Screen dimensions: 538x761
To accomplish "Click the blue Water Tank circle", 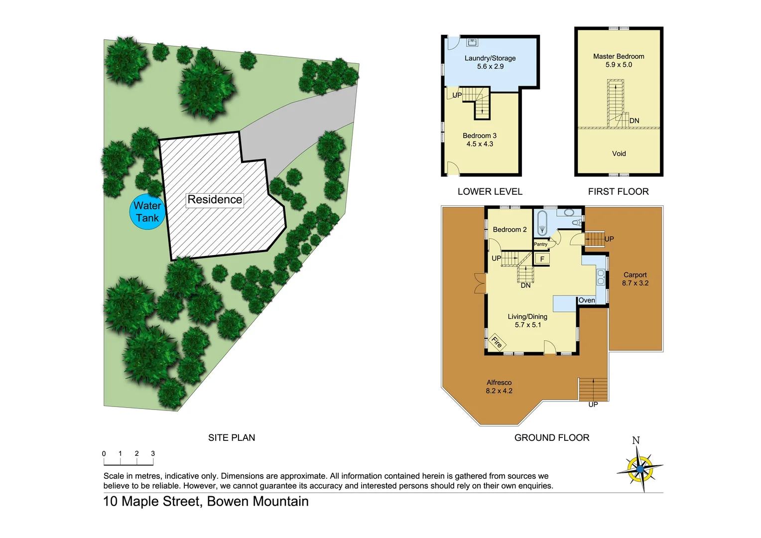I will pyautogui.click(x=147, y=212).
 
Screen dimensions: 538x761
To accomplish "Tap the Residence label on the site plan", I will pyautogui.click(x=215, y=200).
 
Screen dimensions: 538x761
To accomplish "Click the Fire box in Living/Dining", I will pyautogui.click(x=497, y=342).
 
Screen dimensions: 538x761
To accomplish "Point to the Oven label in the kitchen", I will pyautogui.click(x=587, y=300).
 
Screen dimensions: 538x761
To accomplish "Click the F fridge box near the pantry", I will pyautogui.click(x=542, y=259).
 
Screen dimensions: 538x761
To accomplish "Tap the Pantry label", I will pyautogui.click(x=540, y=244).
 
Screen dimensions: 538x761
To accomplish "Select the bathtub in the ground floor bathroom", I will pyautogui.click(x=542, y=223).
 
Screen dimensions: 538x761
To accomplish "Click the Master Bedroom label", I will pyautogui.click(x=619, y=56).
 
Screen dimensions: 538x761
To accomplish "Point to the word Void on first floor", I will pyautogui.click(x=619, y=153).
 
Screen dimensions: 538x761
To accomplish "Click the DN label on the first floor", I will pyautogui.click(x=634, y=121).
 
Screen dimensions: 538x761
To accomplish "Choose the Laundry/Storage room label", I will pyautogui.click(x=490, y=58).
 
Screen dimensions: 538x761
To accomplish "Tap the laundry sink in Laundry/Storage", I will pyautogui.click(x=472, y=42).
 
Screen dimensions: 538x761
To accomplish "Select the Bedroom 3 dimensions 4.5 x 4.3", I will pyautogui.click(x=480, y=144).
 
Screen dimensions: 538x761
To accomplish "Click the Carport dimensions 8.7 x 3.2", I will pyautogui.click(x=635, y=283).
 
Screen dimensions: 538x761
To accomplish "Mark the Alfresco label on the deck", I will pyautogui.click(x=499, y=383).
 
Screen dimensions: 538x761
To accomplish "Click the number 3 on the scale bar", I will pyautogui.click(x=153, y=453).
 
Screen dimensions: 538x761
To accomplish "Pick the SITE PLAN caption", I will pyautogui.click(x=232, y=437).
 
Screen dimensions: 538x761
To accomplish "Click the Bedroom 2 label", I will pyautogui.click(x=509, y=230).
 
